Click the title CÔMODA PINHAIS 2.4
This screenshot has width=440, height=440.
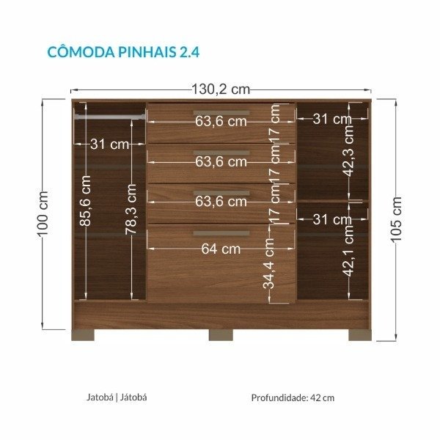123,52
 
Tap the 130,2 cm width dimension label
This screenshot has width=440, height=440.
221,89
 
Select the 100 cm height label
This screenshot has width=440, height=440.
43,214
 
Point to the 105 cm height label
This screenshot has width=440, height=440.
396,219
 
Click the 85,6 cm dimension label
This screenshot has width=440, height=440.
85,201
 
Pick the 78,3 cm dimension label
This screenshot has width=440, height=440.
131,209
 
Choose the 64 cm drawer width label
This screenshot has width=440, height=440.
221,249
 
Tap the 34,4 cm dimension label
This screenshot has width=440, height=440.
268,263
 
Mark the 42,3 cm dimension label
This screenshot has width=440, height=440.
349,150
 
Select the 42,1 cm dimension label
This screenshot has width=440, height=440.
349,251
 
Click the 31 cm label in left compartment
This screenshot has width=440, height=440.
110,144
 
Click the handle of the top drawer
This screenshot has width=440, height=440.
221,113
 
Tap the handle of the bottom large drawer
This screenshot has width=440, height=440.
221,233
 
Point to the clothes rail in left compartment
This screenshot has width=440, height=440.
110,117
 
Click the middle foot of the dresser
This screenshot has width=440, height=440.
221,335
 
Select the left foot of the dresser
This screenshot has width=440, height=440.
83,335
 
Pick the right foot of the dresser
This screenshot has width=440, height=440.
360,335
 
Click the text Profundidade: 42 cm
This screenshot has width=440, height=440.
293,397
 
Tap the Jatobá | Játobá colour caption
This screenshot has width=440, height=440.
117,397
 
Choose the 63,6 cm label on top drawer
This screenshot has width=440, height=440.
221,122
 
